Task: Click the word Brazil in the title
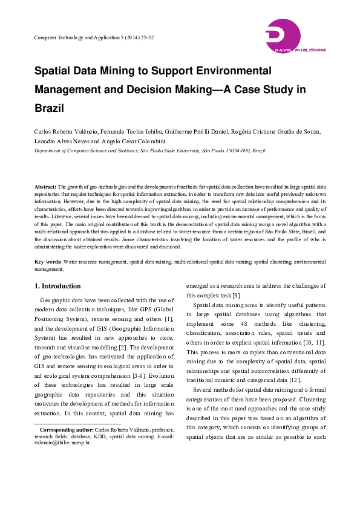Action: click(x=49, y=109)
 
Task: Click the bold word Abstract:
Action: click(x=45, y=187)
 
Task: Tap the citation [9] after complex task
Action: click(x=237, y=295)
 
